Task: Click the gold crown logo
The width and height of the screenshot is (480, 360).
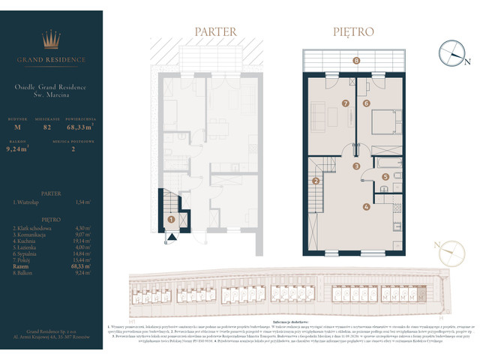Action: pyautogui.click(x=52, y=38)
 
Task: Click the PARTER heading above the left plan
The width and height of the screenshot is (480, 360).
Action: pyautogui.click(x=215, y=32)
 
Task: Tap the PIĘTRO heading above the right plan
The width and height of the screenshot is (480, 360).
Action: pyautogui.click(x=353, y=32)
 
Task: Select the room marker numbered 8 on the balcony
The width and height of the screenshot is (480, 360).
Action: pyautogui.click(x=356, y=60)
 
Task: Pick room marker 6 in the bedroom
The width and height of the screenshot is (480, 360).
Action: pyautogui.click(x=367, y=103)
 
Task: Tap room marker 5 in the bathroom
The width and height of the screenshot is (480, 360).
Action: pyautogui.click(x=385, y=177)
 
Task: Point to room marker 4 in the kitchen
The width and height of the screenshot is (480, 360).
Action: pyautogui.click(x=366, y=206)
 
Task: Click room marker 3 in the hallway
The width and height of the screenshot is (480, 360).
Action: pyautogui.click(x=357, y=166)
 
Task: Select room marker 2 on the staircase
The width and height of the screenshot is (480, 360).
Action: pyautogui.click(x=316, y=181)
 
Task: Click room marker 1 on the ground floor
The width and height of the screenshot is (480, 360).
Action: pyautogui.click(x=172, y=220)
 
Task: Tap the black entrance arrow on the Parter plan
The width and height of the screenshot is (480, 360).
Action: pyautogui.click(x=172, y=238)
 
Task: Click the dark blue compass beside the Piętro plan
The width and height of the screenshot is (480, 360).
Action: pyautogui.click(x=452, y=52)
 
